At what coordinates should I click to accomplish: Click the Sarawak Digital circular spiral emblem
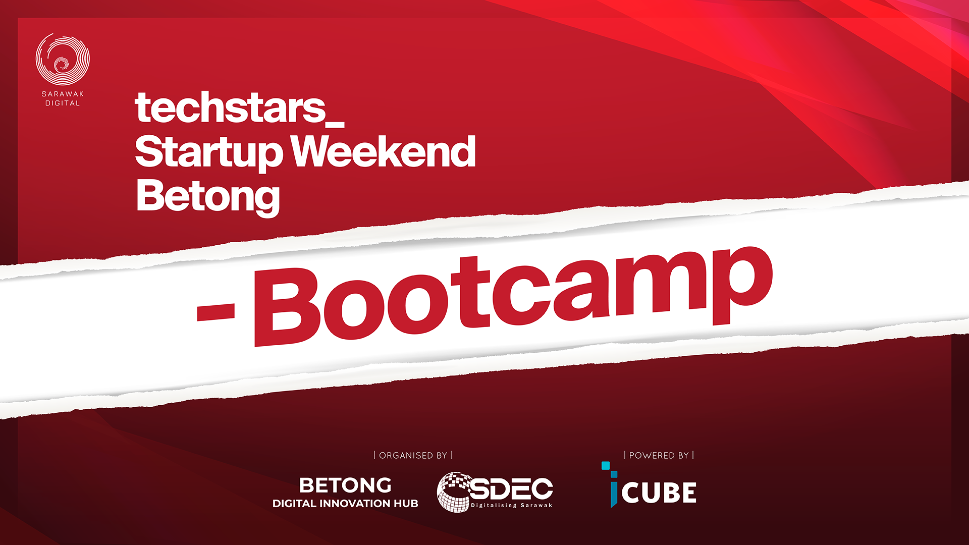(63, 59)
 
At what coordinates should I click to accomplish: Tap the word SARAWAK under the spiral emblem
(63, 94)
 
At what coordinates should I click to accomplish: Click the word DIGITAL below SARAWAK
(63, 103)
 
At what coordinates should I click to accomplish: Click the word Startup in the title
(209, 152)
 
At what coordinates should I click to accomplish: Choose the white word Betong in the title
(208, 197)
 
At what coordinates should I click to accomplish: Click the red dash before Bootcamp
(216, 312)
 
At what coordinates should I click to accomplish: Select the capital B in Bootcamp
(286, 306)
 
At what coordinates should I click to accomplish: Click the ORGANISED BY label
(413, 455)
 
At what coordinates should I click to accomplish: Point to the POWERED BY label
(659, 455)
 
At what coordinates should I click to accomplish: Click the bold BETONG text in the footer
(345, 485)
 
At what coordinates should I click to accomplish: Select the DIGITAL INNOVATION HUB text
(345, 504)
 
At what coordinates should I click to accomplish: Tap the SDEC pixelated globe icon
(454, 492)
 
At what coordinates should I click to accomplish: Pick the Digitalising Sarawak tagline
(512, 505)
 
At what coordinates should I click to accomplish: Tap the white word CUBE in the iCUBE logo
(659, 493)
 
